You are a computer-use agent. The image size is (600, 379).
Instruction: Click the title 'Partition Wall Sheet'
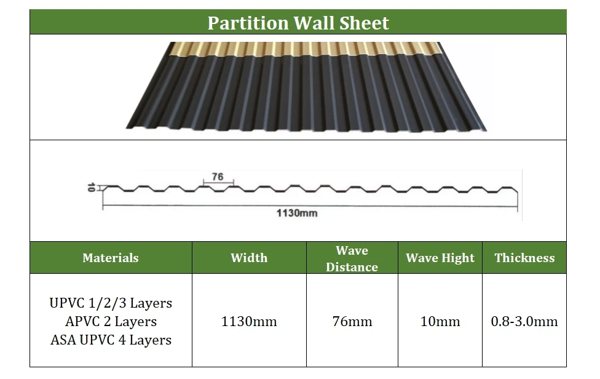point(298,23)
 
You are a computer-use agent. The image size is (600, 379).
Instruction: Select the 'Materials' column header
point(111,258)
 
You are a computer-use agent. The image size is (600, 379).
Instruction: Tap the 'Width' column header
point(249,258)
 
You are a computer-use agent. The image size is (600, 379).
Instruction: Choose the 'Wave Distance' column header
point(352,258)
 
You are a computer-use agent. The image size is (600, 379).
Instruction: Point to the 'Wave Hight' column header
point(440,258)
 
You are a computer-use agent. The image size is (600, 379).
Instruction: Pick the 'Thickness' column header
point(524,258)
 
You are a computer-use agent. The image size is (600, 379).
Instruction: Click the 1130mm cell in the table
point(249,321)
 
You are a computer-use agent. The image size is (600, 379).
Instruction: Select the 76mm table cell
point(352,321)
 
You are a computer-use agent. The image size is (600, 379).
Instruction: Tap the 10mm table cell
point(440,321)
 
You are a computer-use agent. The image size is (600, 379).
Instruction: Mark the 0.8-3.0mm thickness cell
point(524,321)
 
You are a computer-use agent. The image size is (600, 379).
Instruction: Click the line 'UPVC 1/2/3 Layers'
point(111,303)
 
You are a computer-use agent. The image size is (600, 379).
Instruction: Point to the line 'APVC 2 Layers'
point(111,321)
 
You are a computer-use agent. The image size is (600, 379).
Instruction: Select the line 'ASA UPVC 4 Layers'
point(111,340)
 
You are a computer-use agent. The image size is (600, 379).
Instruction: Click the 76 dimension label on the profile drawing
point(218,177)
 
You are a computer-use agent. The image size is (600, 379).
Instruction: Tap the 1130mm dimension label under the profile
point(296,213)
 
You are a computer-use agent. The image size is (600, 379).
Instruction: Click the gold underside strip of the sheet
point(307,49)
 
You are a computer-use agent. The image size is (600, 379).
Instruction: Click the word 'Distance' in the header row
point(352,267)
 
